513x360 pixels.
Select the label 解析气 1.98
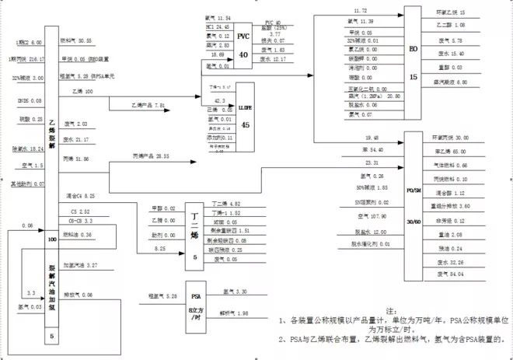(x=234, y=313)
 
